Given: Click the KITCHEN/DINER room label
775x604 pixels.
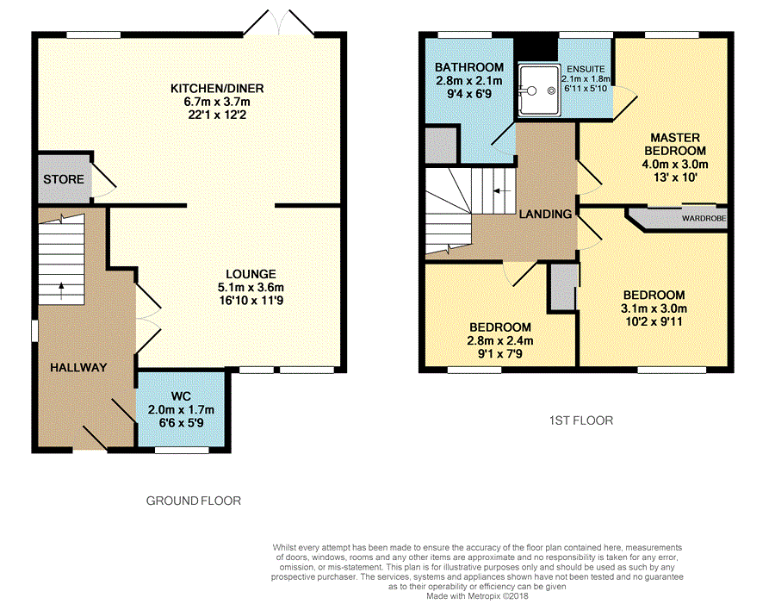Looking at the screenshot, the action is [x=217, y=89].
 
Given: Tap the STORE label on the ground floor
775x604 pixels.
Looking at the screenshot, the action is [x=64, y=179].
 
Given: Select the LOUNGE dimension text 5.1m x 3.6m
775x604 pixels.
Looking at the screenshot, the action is [x=251, y=288].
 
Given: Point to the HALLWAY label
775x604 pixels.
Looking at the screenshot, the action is [x=78, y=368].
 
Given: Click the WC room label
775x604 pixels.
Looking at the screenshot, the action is [x=181, y=396].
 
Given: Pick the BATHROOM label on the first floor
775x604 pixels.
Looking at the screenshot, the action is [x=469, y=67].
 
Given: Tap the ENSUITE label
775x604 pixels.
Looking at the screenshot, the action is [x=586, y=69].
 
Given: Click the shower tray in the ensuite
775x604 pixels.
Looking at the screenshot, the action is [x=539, y=90].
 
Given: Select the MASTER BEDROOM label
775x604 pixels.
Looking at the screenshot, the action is [x=675, y=144].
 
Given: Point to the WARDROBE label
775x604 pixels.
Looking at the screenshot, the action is [x=704, y=218].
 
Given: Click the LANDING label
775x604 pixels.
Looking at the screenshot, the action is [x=545, y=214].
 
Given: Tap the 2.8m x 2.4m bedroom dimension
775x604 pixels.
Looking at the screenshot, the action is [x=500, y=340].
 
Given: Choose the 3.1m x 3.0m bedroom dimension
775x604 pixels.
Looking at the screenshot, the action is [x=654, y=308].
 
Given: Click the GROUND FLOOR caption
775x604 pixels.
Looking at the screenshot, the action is [x=194, y=501].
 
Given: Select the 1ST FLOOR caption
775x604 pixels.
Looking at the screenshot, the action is [x=581, y=420].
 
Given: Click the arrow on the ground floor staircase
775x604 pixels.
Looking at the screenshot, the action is [x=61, y=291].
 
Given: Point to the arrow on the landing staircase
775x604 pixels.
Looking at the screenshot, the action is [x=502, y=191].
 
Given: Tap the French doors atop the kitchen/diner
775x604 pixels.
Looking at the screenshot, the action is [x=279, y=23].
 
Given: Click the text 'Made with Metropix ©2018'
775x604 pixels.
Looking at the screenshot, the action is [x=477, y=596].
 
